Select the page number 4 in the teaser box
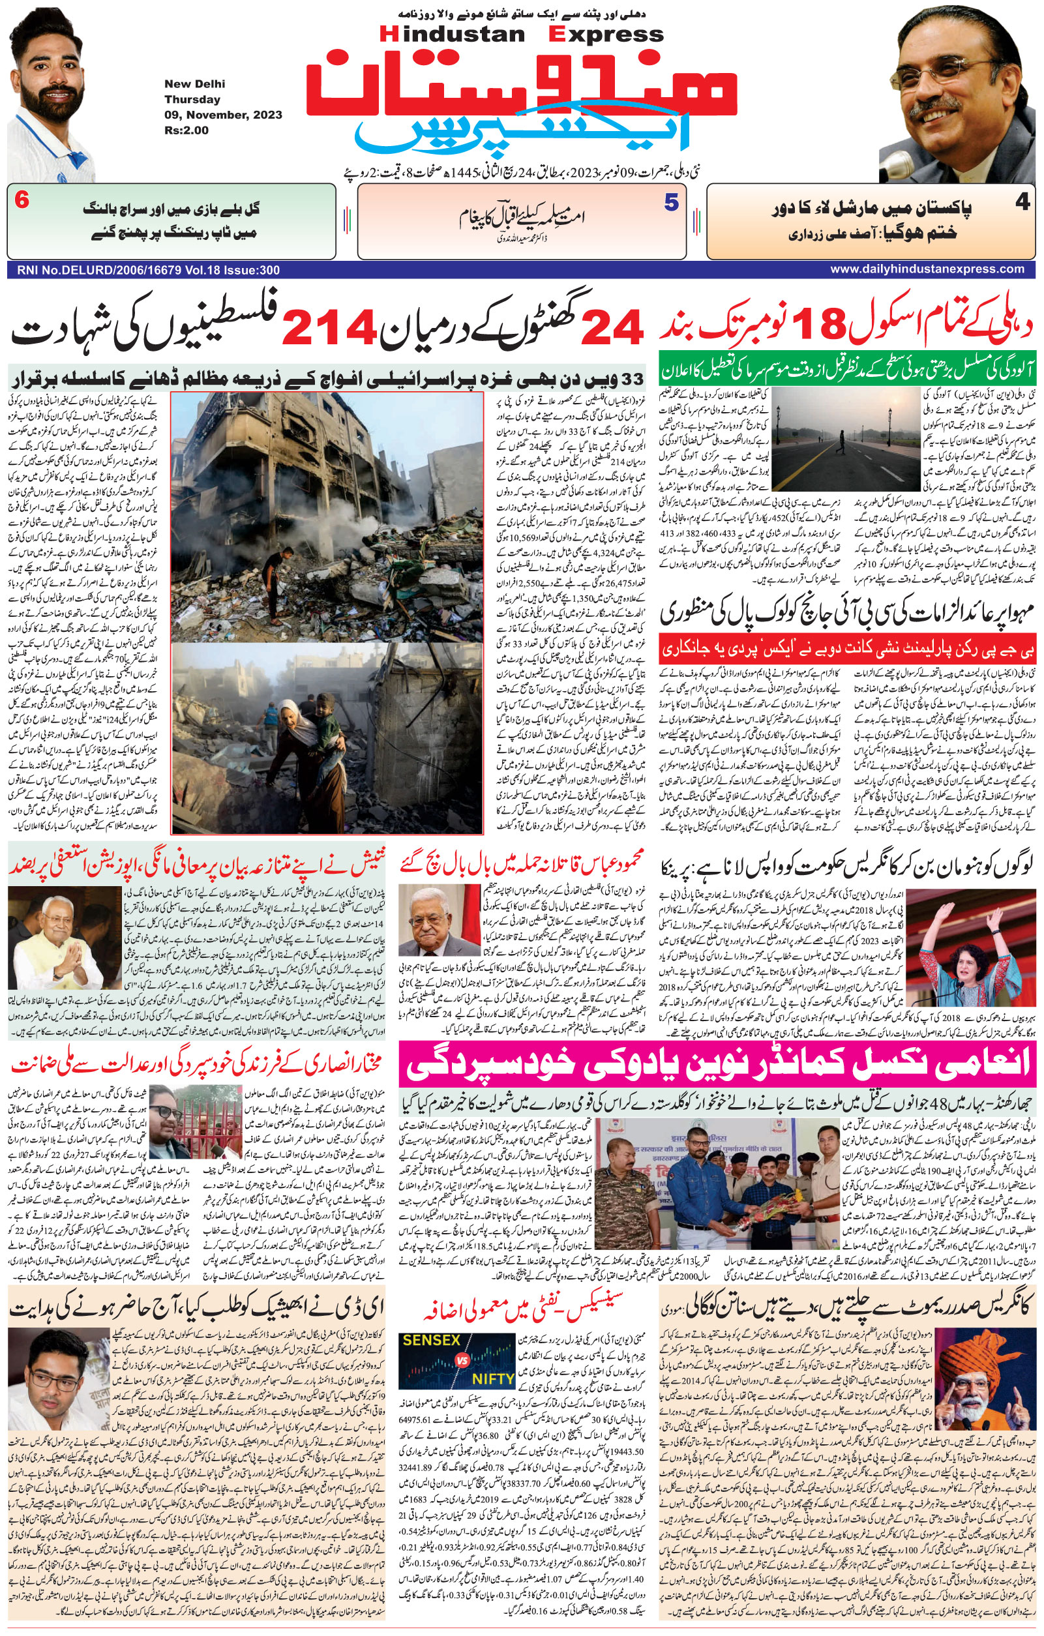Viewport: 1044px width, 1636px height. [1022, 203]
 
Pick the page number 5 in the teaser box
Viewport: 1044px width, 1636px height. [671, 202]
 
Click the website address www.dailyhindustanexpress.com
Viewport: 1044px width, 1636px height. [927, 269]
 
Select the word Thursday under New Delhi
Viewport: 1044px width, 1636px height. [192, 99]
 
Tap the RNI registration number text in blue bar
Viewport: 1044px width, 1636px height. [144, 270]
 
